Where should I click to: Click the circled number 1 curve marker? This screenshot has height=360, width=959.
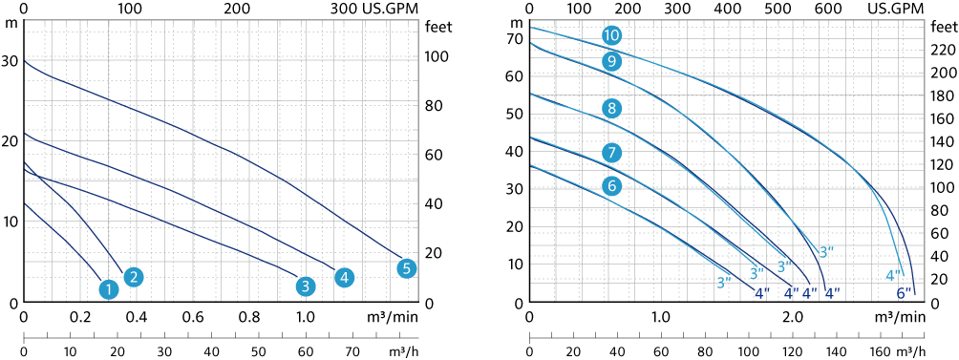coord(109,288)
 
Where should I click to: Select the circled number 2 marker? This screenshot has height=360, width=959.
coord(134,277)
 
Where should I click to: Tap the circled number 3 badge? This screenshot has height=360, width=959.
coord(306,286)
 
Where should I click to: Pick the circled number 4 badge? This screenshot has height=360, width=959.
coord(345,278)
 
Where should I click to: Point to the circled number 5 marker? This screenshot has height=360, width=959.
coord(407,267)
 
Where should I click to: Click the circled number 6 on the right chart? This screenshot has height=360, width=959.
coord(612,186)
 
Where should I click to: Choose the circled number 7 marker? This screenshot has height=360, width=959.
coord(612,152)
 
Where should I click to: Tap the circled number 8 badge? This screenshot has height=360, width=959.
coord(612,110)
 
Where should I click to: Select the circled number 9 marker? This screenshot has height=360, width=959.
coord(611,60)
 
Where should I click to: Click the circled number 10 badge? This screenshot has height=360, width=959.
coord(611,35)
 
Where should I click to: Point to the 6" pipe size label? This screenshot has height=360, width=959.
coord(904,293)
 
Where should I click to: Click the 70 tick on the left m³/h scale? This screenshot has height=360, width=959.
coord(353,352)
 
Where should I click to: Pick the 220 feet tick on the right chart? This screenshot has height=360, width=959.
coord(944,50)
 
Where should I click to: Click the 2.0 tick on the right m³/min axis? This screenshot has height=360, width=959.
coord(793,317)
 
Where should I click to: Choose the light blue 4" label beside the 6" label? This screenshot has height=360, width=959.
coord(893,276)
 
